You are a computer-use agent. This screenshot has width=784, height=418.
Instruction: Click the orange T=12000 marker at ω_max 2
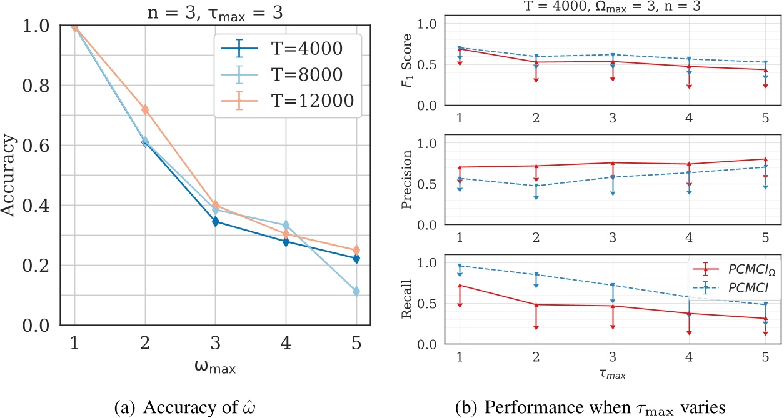tap(145, 110)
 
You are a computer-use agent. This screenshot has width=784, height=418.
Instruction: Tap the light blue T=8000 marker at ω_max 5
tap(356, 292)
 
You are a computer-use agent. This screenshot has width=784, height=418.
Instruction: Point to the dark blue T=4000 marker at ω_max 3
tap(216, 222)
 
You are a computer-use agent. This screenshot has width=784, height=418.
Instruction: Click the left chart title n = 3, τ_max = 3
tap(216, 11)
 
